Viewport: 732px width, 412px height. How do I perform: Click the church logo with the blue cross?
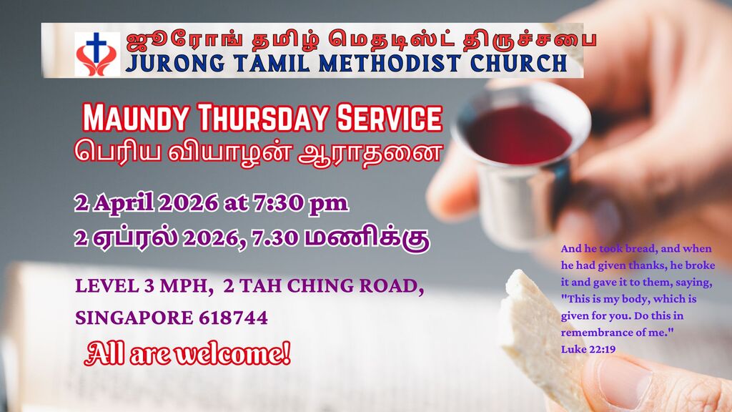tap(97, 54)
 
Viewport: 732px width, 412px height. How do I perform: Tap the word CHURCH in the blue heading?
tap(519, 64)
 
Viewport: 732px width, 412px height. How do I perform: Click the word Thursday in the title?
tap(263, 118)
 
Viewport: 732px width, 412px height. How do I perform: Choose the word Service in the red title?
tap(389, 118)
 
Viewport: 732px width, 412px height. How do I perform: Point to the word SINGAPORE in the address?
tap(134, 318)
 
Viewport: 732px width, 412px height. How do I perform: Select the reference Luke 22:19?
tap(588, 349)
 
